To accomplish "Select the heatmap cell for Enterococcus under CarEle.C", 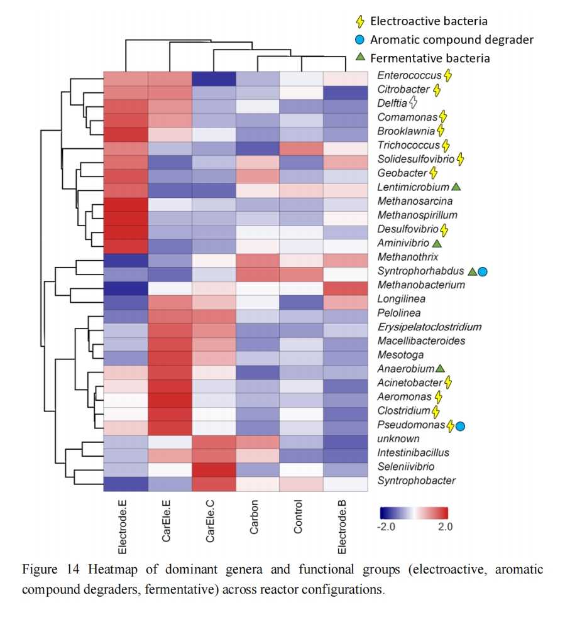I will [214, 78].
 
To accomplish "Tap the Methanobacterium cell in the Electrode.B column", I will [345, 286].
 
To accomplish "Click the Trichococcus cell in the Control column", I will [301, 148].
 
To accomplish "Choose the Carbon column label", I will [254, 517].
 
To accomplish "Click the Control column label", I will [298, 517].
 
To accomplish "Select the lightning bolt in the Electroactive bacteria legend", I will [360, 21].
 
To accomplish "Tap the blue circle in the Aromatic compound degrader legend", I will [359, 40].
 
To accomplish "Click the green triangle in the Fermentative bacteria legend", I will [360, 57].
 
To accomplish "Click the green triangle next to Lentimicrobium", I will [456, 187].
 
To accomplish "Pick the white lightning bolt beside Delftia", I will [413, 102].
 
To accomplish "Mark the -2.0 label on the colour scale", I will [385, 526].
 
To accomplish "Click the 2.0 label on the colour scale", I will [445, 526].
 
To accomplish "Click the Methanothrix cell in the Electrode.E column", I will [126, 259].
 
